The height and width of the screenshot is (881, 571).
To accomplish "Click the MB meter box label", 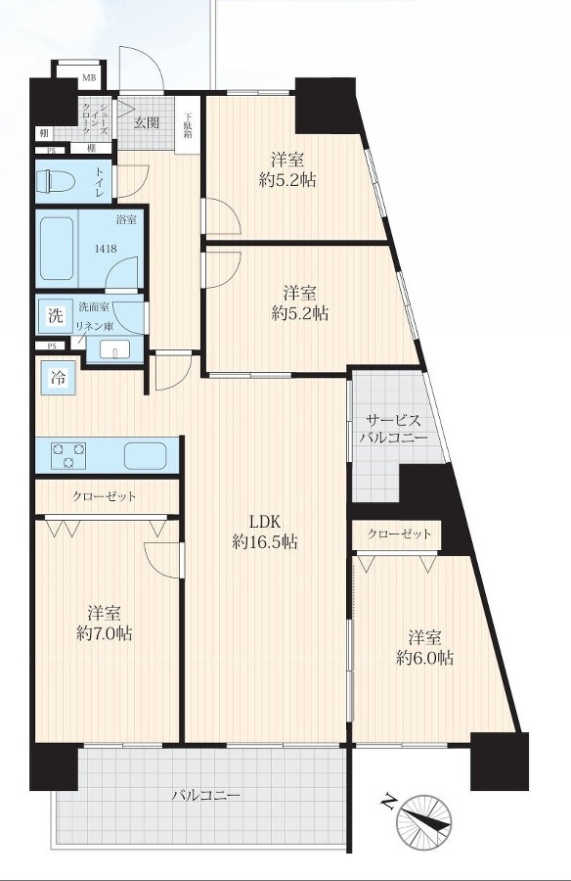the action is [89, 77].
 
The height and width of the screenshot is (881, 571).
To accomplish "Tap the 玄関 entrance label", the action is [146, 122].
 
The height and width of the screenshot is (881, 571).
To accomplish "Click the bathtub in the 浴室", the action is [56, 248].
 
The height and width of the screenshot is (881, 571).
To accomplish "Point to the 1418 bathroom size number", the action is [106, 248].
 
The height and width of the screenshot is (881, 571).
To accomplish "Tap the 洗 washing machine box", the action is [55, 314].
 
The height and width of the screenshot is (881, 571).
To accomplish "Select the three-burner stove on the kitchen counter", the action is [69, 454].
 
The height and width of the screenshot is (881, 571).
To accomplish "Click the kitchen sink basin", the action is [146, 455].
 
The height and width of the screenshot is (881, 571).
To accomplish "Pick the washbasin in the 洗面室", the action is [114, 349].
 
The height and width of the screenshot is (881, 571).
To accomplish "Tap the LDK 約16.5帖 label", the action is [265, 532].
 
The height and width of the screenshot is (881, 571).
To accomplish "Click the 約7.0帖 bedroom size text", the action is [105, 633].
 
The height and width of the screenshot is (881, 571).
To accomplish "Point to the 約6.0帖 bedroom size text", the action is [425, 658].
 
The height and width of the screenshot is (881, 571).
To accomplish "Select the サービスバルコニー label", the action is [393, 430].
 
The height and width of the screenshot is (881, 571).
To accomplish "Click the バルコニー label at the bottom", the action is [206, 796].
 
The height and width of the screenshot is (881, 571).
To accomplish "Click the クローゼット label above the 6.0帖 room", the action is [399, 533].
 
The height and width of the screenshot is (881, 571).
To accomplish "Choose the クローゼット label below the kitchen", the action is [104, 496].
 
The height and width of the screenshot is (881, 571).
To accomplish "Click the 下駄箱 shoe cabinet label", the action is [187, 126].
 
